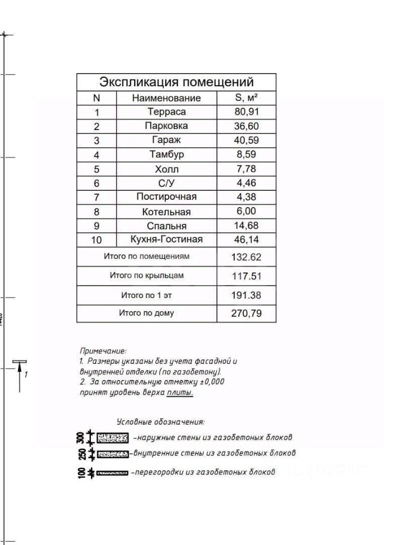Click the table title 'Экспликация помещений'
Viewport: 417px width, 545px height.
coord(176,82)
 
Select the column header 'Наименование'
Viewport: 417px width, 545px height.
coord(166,98)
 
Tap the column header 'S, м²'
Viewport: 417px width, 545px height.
coord(247,98)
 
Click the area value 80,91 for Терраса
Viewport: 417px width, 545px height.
coord(247,112)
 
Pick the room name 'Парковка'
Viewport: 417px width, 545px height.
coord(166,126)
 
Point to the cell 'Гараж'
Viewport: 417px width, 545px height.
coord(166,140)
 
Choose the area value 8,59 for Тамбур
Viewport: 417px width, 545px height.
coord(247,154)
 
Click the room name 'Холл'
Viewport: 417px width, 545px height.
coord(166,169)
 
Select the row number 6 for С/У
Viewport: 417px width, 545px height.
coord(97,183)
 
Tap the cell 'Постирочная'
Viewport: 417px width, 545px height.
coord(166,197)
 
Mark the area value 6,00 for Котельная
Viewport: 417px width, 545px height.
coord(247,211)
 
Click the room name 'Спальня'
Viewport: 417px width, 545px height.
coord(166,226)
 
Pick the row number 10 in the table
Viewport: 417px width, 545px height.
coord(97,240)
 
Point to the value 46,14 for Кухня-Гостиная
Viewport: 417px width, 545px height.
coord(247,240)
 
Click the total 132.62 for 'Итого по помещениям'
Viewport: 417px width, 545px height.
coord(247,257)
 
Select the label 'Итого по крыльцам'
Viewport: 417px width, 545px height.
coord(147,276)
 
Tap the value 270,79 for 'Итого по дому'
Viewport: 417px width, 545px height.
coord(247,313)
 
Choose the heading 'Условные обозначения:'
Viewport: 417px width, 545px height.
coord(161,422)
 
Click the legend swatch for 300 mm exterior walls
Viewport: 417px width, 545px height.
coord(112,438)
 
